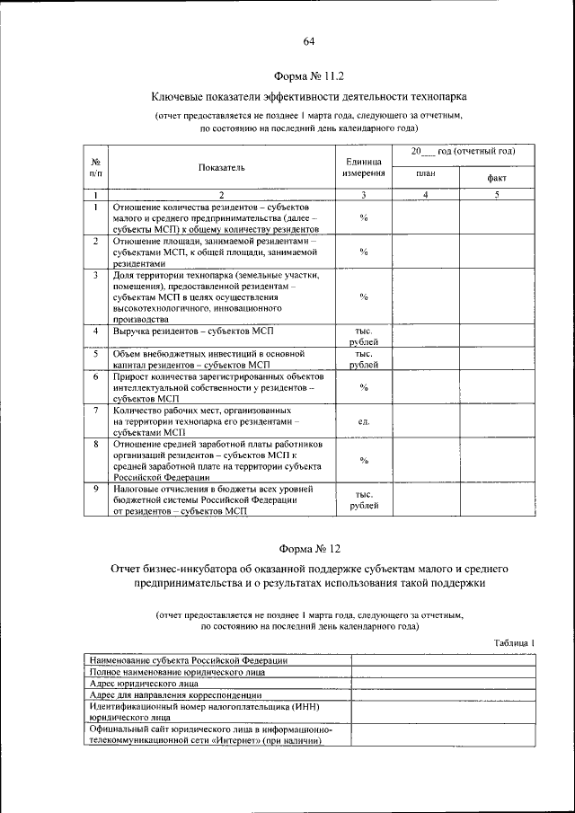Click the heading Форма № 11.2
coord(308,76)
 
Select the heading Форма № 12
coord(308,547)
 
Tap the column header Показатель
coord(222,167)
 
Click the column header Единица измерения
coord(364,166)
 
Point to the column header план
coord(426,174)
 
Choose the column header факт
coord(496,178)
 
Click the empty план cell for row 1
coord(426,217)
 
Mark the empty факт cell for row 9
coord(496,499)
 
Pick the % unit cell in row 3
coord(364,296)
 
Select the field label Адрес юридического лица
coord(149,683)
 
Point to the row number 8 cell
coord(96,444)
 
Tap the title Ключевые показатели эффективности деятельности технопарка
coord(308,95)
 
